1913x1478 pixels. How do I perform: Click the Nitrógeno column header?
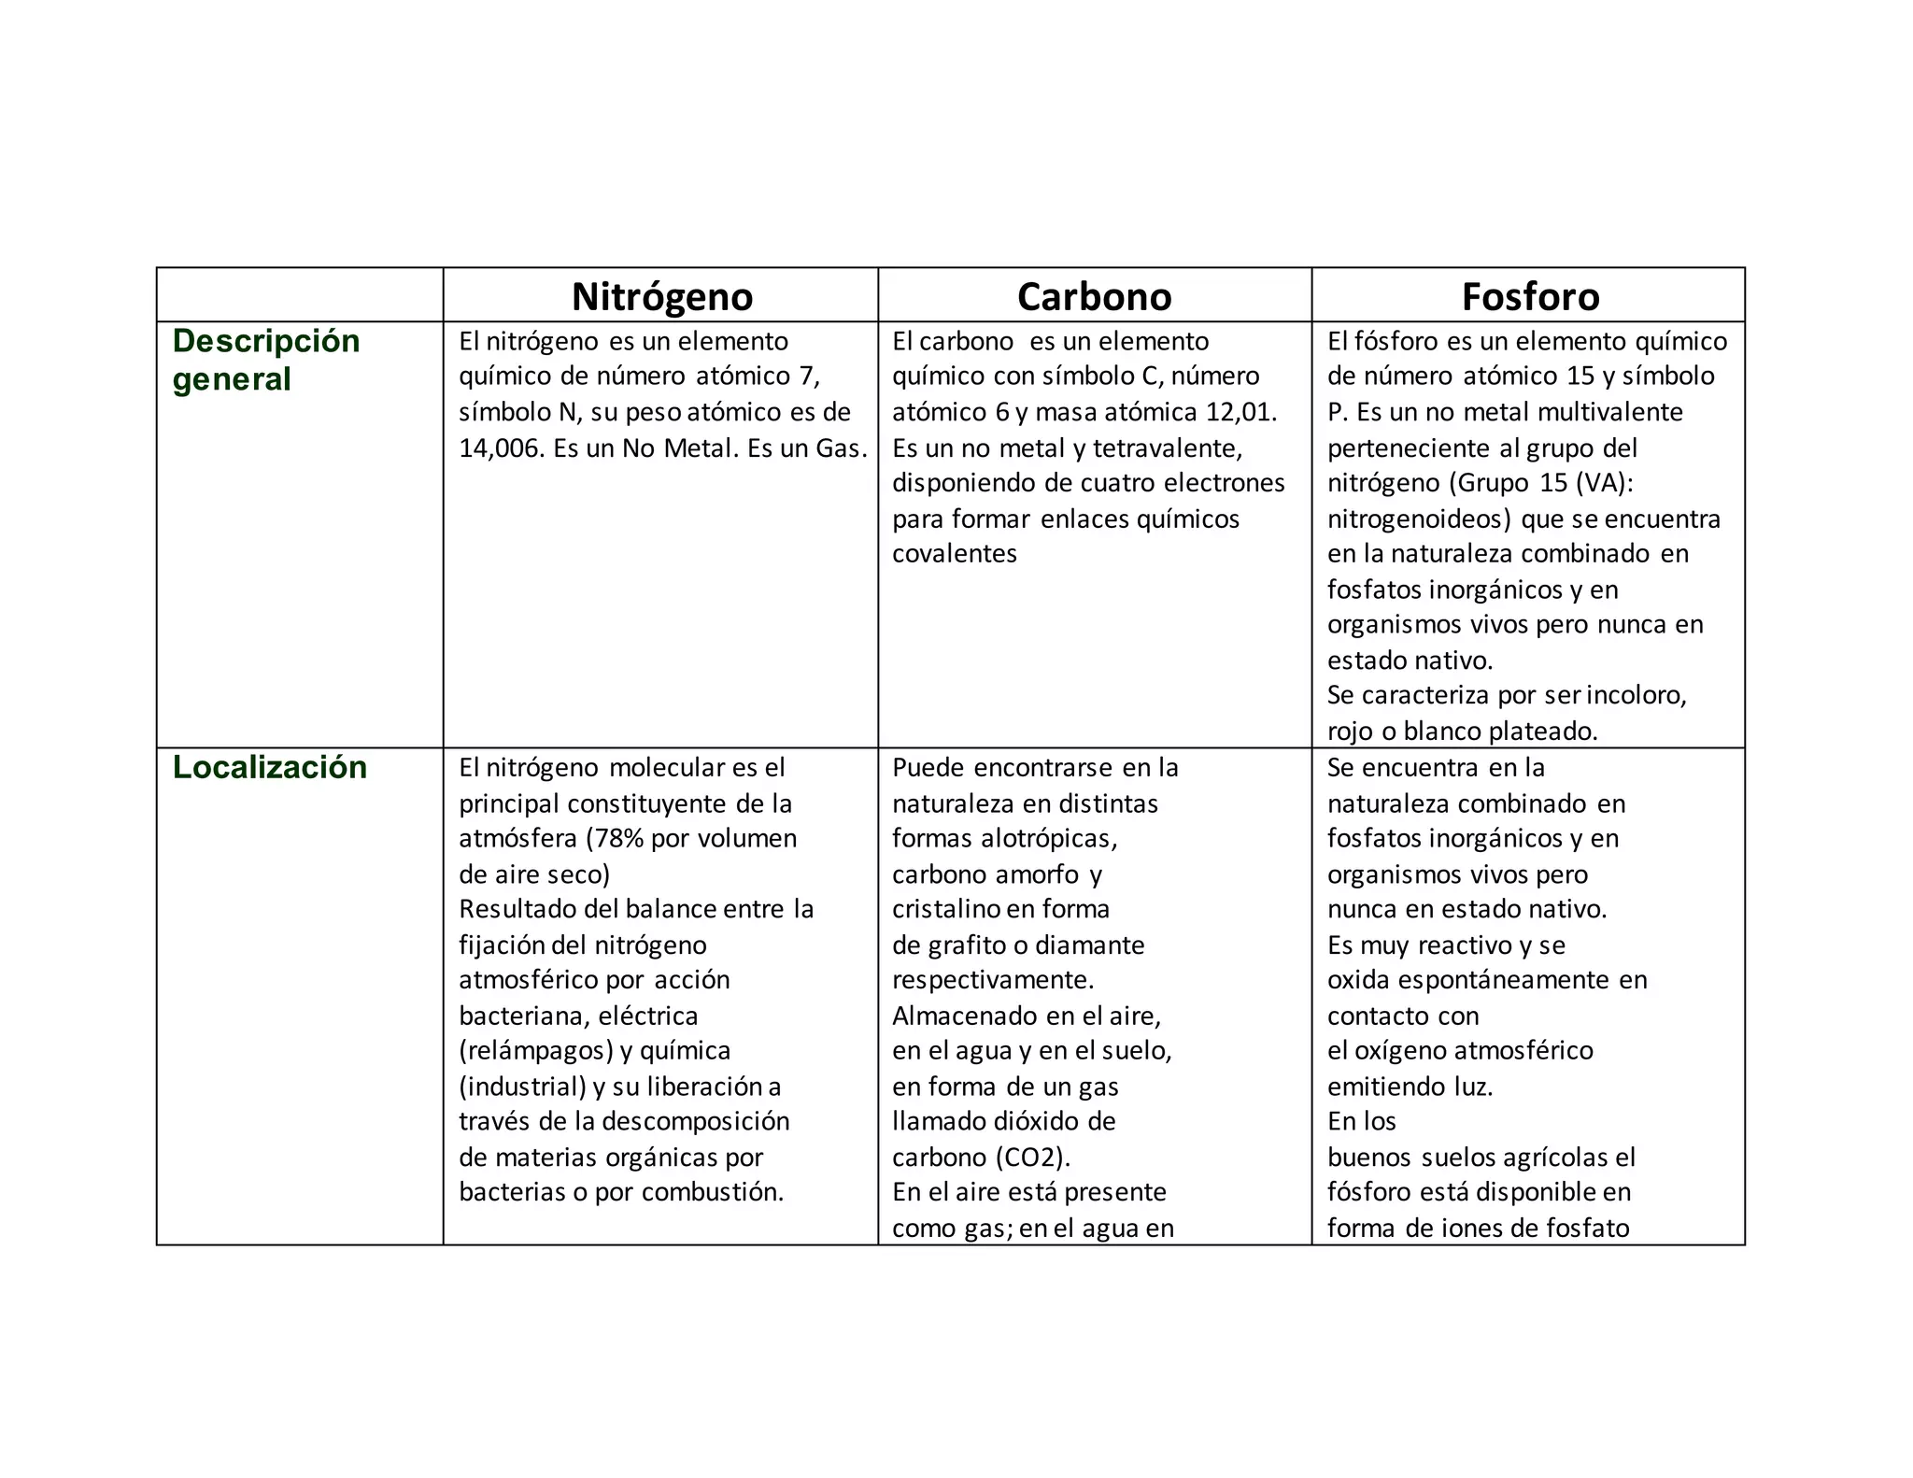coord(661,297)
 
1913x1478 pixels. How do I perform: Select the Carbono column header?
coord(1094,297)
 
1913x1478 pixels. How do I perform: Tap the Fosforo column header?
coord(1530,297)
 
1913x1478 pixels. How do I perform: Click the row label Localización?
coord(270,768)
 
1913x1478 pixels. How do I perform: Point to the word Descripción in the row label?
coord(266,341)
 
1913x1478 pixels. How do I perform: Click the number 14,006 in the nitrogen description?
coord(499,448)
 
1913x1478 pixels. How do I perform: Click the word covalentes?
coord(954,554)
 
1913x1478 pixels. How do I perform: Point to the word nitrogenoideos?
coord(1418,519)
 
